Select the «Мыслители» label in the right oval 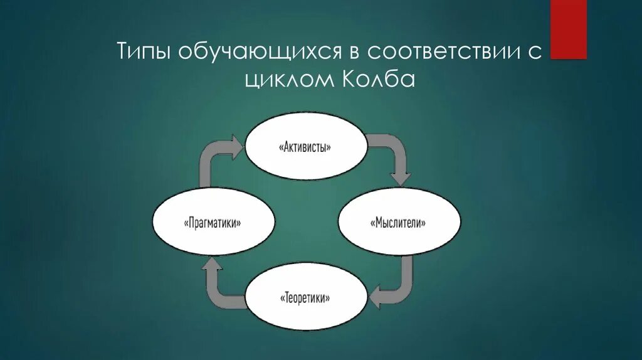[399, 223]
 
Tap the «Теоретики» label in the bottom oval [305, 297]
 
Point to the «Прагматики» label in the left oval [214, 223]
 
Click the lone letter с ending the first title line [535, 53]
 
